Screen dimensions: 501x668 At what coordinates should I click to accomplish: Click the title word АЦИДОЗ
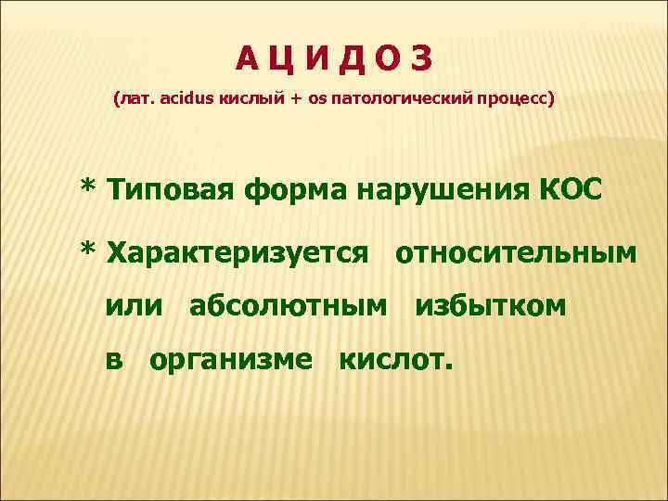point(333,59)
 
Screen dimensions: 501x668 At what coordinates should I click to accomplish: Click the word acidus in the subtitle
point(186,97)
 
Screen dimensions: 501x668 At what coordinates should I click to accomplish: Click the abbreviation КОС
point(568,191)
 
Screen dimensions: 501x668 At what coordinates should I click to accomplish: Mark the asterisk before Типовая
point(89,189)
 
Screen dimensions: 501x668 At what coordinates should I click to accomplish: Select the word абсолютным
point(289,305)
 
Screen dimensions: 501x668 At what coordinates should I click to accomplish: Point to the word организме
point(231,359)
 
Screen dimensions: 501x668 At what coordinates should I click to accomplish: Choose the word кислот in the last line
point(396,358)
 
